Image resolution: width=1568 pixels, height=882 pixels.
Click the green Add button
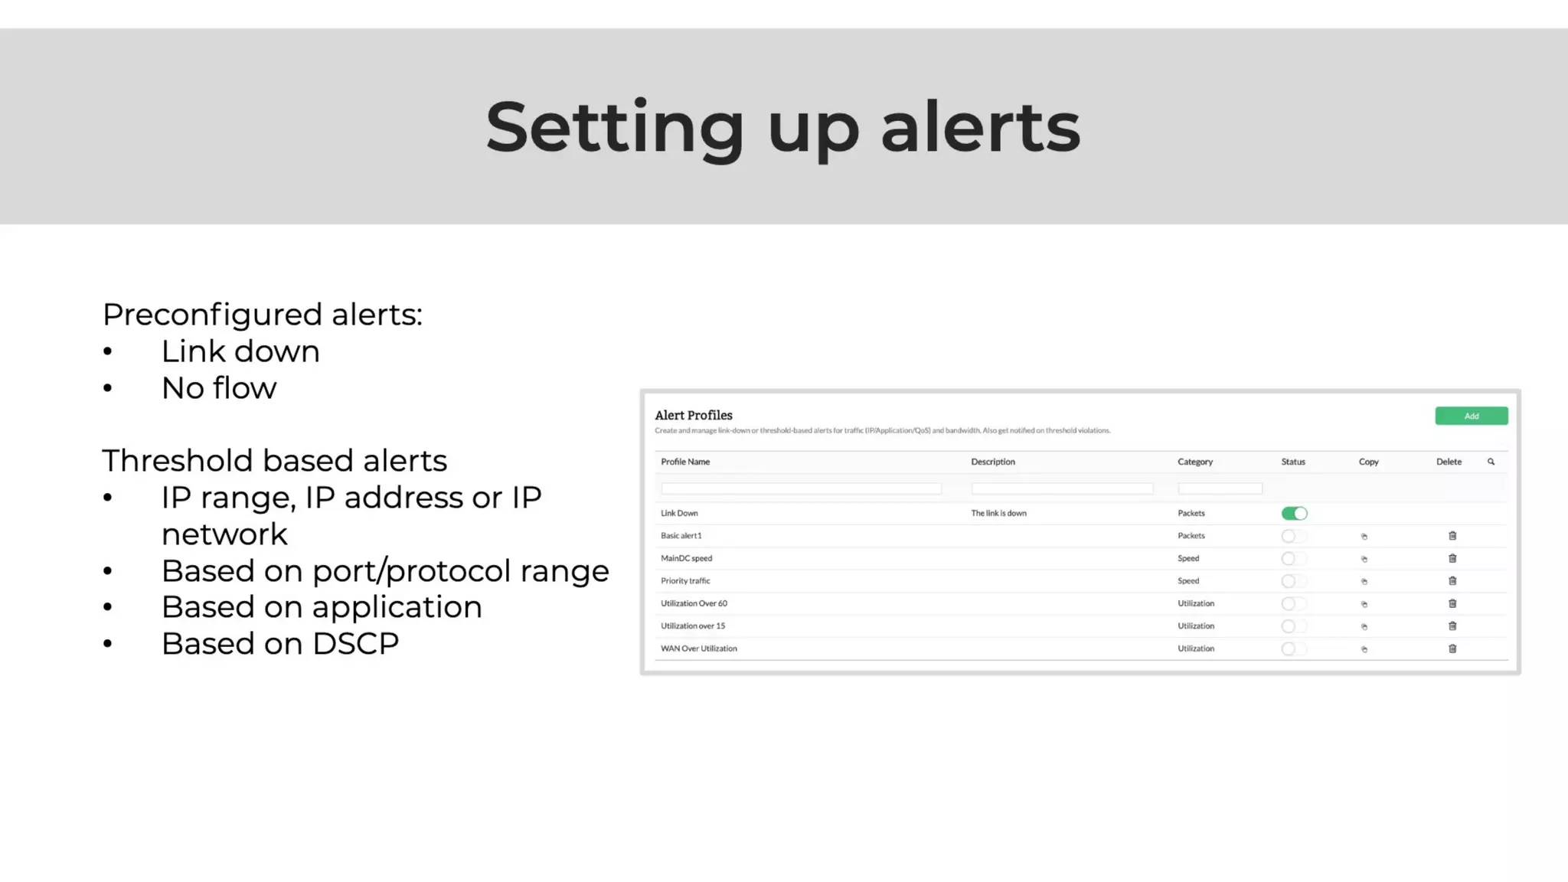click(x=1471, y=416)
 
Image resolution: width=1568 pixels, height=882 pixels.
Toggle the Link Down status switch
click(x=1294, y=513)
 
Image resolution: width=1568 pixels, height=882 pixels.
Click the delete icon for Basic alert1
click(x=1452, y=536)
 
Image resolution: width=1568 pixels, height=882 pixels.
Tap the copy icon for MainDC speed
click(x=1364, y=559)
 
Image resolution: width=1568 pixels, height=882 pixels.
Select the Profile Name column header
click(x=685, y=462)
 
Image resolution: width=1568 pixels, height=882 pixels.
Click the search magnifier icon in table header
click(x=1491, y=462)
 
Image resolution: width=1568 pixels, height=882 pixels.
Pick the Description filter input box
click(x=1062, y=488)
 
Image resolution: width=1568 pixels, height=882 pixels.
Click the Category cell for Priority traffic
click(x=1188, y=581)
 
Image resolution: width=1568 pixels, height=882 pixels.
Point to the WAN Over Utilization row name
click(x=698, y=648)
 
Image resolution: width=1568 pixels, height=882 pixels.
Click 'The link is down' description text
click(x=998, y=513)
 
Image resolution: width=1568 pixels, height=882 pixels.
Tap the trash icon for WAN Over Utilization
click(x=1452, y=648)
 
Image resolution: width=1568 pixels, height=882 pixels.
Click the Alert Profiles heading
click(x=693, y=415)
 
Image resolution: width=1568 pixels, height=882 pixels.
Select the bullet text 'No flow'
click(x=219, y=388)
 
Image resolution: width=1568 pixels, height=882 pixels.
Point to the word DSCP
click(x=355, y=644)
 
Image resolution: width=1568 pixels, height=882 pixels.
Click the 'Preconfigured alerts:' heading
click(x=262, y=314)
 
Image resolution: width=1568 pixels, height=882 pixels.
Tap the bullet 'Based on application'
click(x=322, y=607)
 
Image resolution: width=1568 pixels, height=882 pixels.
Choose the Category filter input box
click(x=1220, y=488)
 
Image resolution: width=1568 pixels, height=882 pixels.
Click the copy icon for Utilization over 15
click(x=1364, y=626)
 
